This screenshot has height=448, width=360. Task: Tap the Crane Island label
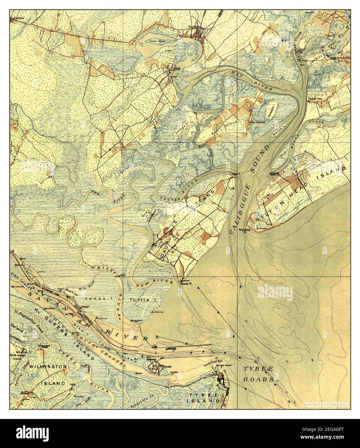(x=157, y=41)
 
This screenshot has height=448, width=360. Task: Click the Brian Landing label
(x=257, y=122)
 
